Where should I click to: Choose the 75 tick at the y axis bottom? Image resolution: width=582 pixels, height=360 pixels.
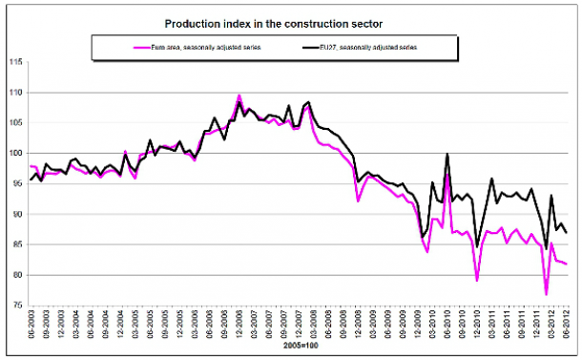point(14,306)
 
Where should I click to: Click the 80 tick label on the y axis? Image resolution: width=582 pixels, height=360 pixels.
point(14,275)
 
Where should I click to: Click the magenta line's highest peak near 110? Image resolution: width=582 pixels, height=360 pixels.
point(239,95)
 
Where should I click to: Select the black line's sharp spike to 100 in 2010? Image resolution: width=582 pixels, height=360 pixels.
point(447,154)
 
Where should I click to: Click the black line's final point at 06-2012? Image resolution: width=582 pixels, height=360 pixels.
point(567,232)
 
